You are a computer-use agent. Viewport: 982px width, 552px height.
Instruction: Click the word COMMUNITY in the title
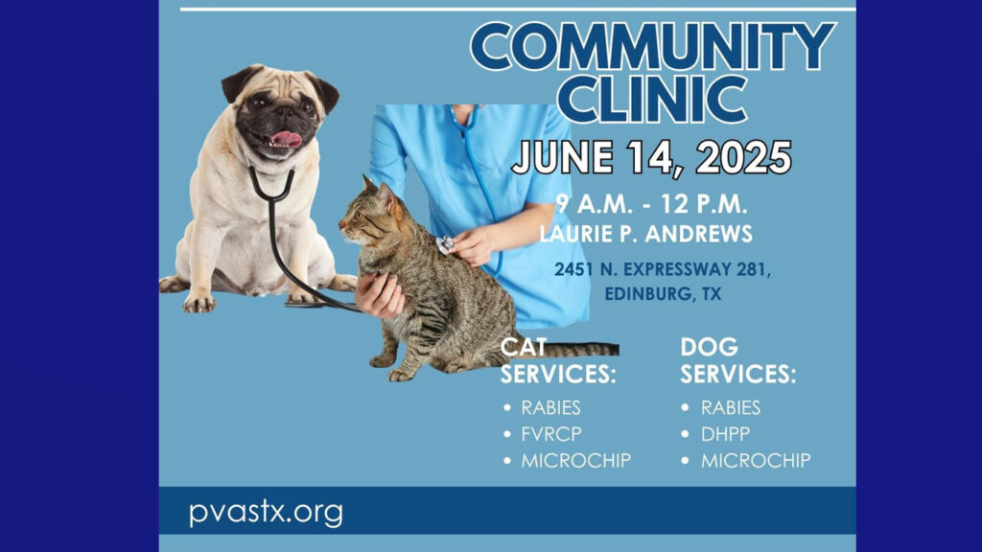652,47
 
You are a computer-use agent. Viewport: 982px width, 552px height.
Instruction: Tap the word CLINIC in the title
652,99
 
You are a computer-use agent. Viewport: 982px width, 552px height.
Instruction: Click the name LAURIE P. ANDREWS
645,234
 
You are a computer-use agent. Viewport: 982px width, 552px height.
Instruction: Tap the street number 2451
573,269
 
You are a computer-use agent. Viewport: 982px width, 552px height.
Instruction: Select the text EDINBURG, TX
663,293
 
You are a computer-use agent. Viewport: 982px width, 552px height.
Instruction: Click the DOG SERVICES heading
737,360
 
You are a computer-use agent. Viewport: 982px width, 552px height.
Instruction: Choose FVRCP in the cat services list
551,434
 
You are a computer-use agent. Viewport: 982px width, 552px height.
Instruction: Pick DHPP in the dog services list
725,434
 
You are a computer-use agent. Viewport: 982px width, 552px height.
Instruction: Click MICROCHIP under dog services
756,461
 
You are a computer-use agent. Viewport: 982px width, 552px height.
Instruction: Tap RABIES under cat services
550,407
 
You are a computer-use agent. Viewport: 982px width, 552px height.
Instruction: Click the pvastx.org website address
266,512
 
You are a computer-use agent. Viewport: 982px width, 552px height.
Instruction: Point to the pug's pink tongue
286,138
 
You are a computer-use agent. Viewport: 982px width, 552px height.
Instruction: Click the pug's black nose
284,113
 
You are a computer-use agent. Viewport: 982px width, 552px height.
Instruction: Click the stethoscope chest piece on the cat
445,244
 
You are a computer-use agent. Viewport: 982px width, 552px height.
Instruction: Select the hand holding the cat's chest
380,293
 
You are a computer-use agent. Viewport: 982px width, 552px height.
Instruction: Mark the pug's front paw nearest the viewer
199,303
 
